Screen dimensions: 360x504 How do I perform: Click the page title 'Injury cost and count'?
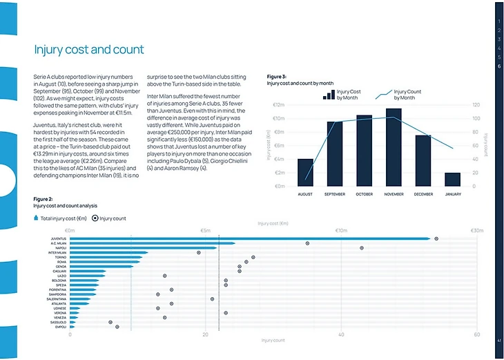[x=89, y=50]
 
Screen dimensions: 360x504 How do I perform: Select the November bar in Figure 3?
[x=394, y=147]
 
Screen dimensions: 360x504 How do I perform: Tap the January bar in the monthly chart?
[x=453, y=180]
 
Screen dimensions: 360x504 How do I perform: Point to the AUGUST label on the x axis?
[x=305, y=194]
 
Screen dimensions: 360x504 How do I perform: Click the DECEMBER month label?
[x=423, y=194]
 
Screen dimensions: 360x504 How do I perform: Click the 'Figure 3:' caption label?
[x=276, y=76]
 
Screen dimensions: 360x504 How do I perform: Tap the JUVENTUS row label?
[x=59, y=238]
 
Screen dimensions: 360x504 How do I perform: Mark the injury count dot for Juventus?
[x=436, y=238]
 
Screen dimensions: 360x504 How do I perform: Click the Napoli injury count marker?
[x=361, y=247]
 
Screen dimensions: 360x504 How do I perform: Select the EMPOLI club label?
[x=60, y=327]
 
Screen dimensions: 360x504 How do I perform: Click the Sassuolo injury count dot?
[x=110, y=322]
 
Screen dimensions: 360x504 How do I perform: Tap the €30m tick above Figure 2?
[x=476, y=230]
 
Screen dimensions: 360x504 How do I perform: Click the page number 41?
[x=498, y=340]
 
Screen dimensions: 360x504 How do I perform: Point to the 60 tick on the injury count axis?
[x=476, y=334]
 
